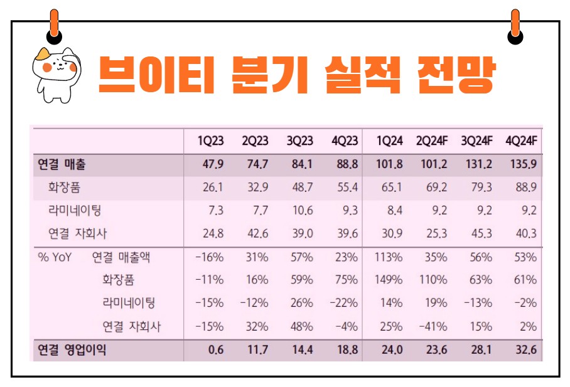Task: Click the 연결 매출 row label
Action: [62, 165]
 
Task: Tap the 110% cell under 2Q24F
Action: [434, 280]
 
